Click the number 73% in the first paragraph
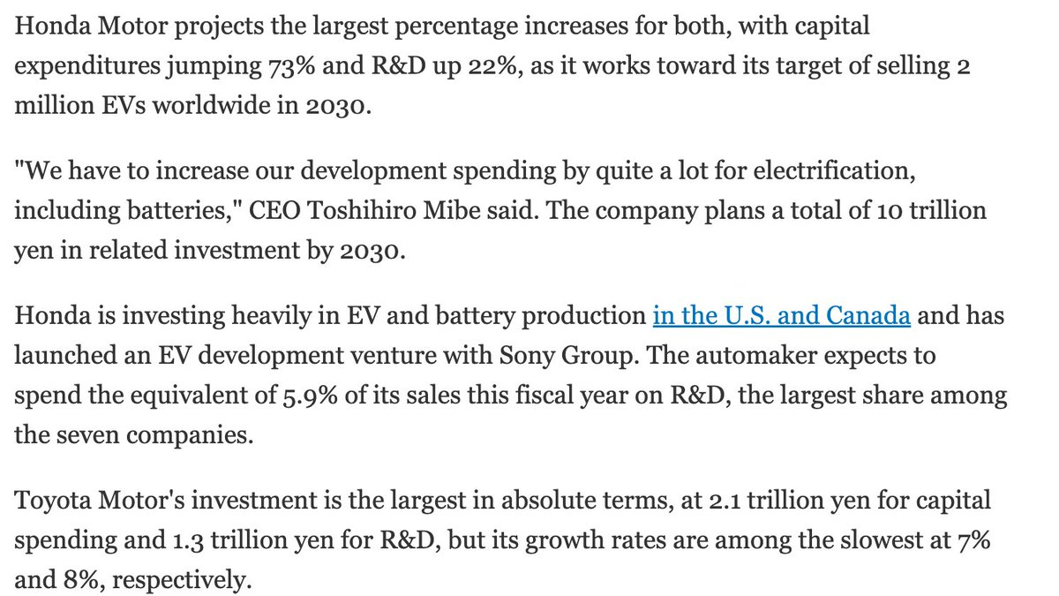point(292,66)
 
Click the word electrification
point(835,170)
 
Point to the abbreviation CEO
point(274,210)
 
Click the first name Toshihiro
point(362,210)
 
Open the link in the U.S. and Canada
point(782,315)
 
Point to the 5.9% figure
point(310,396)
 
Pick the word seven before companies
point(88,435)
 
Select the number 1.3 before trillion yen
point(188,540)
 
